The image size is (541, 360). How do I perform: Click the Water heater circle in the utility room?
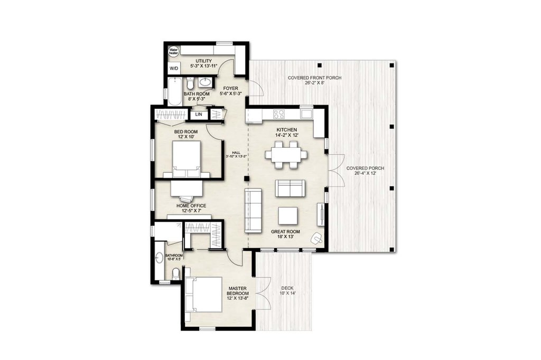pos(174,52)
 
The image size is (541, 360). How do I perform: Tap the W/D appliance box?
pos(173,69)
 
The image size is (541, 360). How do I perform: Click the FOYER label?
pos(230,89)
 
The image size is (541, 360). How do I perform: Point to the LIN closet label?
pos(199,114)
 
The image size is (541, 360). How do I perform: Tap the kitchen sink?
pos(306,113)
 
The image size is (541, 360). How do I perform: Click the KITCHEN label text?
pos(287,130)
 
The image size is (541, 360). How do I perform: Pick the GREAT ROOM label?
pos(285,231)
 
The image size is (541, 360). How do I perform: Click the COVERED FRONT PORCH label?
pos(314,78)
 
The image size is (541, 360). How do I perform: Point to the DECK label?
pos(288,288)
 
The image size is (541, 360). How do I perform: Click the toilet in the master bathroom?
pos(176,273)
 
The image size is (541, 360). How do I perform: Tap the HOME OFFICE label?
pos(191,206)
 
